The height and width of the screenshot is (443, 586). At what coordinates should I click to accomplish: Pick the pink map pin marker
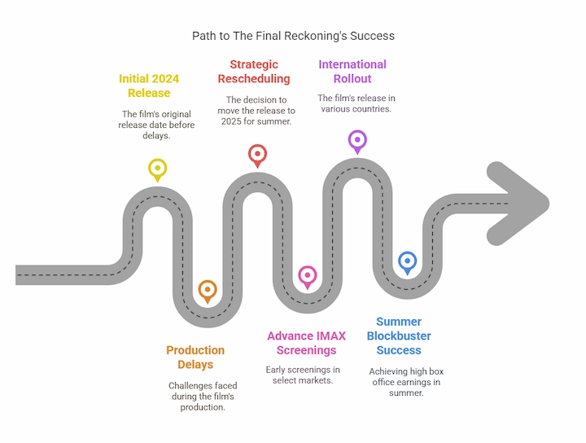307,275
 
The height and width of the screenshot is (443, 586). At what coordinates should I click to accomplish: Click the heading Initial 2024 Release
149,86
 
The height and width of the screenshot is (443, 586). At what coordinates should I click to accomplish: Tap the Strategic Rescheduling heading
254,72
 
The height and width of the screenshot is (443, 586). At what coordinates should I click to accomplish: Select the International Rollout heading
352,72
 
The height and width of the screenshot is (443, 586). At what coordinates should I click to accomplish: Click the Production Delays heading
195,357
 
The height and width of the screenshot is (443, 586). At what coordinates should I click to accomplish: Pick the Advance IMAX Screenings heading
306,343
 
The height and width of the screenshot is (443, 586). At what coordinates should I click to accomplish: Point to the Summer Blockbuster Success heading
399,336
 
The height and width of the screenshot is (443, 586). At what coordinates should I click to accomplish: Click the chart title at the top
293,36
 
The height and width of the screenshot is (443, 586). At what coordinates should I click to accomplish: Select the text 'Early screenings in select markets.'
303,375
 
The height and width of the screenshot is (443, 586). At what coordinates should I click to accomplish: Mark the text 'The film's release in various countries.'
356,103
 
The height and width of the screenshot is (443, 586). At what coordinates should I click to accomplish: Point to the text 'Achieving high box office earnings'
406,377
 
